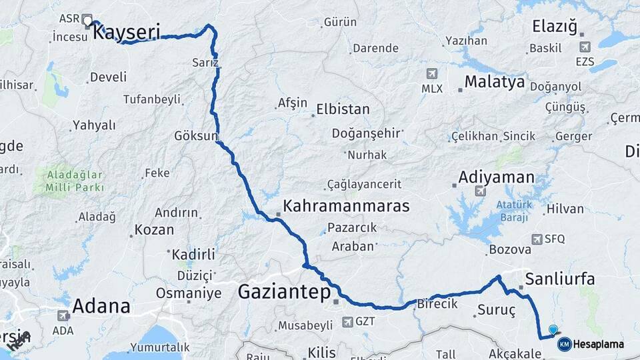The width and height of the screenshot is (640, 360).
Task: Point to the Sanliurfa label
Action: pyautogui.click(x=560, y=278)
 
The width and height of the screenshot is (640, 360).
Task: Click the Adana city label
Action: pyautogui.click(x=101, y=307)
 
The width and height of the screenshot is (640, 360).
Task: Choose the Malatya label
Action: pyautogui.click(x=495, y=82)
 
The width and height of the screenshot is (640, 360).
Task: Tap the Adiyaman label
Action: pyautogui.click(x=497, y=177)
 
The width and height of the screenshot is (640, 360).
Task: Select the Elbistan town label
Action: pyautogui.click(x=343, y=108)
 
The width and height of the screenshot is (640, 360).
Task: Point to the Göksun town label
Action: pyautogui.click(x=195, y=135)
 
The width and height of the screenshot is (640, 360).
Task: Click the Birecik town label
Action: pyautogui.click(x=437, y=303)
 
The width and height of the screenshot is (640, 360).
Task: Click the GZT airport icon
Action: pyautogui.click(x=347, y=321)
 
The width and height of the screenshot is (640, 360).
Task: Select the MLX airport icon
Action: pyautogui.click(x=431, y=73)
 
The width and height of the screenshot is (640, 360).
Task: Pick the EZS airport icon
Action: pyautogui.click(x=585, y=47)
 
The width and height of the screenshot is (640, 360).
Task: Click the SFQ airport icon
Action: pyautogui.click(x=537, y=239)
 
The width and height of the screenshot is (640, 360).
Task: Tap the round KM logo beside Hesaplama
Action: pyautogui.click(x=564, y=344)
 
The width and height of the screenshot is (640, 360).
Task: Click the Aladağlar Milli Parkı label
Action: pyautogui.click(x=75, y=181)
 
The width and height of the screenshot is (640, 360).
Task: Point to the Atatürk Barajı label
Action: pyautogui.click(x=513, y=211)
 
